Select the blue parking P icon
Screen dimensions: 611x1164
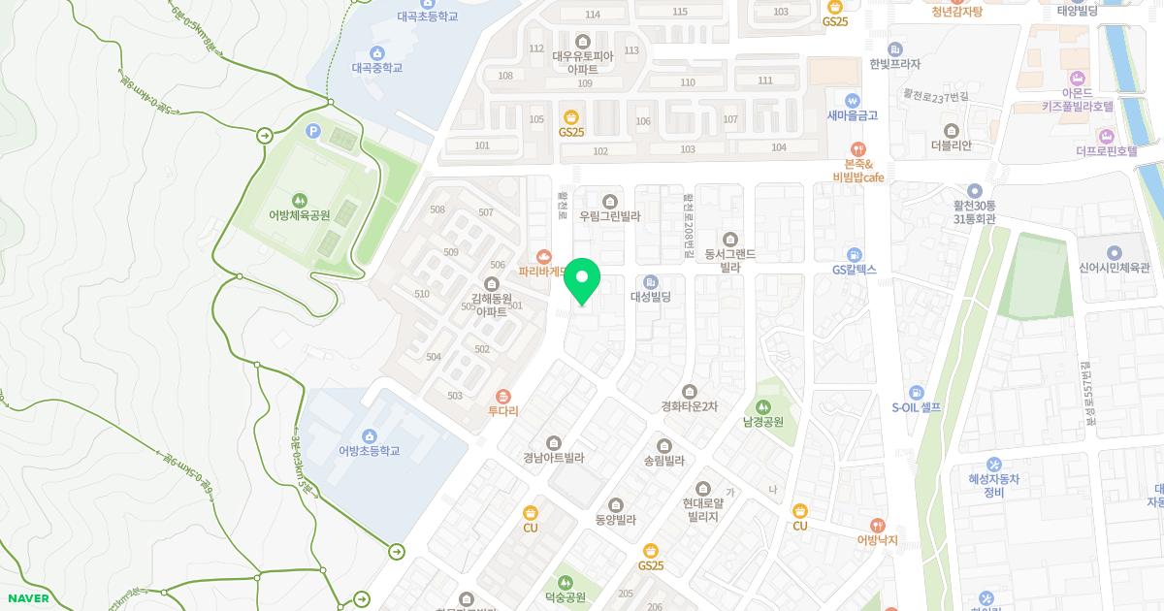[312, 131]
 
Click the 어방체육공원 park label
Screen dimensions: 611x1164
[300, 215]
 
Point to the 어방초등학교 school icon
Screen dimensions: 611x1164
[369, 435]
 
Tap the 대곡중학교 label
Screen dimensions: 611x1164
[376, 68]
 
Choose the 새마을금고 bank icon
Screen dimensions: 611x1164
[853, 100]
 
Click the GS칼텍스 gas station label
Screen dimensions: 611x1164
[854, 270]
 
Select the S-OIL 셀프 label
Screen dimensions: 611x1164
[917, 407]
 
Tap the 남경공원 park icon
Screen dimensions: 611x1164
[763, 406]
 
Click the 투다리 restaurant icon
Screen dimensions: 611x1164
[503, 396]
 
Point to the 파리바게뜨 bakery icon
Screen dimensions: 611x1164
[544, 257]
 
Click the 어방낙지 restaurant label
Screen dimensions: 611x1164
[877, 540]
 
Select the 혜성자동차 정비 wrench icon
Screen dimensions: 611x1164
[993, 464]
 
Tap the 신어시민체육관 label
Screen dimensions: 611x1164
[1114, 268]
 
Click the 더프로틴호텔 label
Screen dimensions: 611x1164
[1106, 151]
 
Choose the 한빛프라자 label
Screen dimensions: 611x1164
[894, 64]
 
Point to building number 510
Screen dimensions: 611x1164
[422, 294]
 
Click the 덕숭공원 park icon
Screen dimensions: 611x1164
[567, 581]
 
